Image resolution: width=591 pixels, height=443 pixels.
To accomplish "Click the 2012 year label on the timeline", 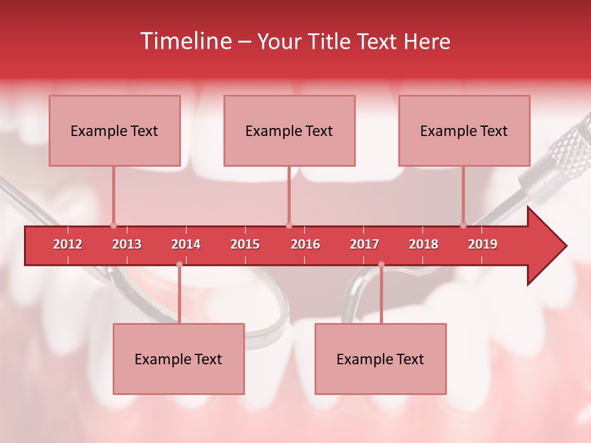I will pos(68,244).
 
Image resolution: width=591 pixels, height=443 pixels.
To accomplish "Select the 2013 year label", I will pos(127,244).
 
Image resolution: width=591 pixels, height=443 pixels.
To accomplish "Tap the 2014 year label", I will pos(186,244).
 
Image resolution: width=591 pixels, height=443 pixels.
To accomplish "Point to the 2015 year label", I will pos(245,244).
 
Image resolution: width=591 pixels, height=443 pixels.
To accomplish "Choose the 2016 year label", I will pos(305,244).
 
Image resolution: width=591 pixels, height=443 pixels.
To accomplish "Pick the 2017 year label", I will pos(364,244).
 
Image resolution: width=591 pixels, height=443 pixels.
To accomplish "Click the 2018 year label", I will pos(424,244).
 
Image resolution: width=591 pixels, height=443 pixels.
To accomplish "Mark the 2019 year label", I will pos(483,244).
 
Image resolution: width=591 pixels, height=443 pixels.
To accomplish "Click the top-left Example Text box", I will pos(115,130).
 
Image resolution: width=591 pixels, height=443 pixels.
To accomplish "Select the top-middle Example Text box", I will pos(289,130).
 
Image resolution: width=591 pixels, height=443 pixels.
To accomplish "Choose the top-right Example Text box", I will pos(464,130).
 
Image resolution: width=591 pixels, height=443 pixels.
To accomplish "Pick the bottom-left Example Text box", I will pos(179,359).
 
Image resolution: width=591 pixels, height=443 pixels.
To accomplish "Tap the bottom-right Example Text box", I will pos(380,359).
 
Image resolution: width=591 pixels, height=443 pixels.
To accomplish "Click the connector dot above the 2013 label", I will pos(113,225).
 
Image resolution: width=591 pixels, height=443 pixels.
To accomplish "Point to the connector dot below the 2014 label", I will pos(179,265).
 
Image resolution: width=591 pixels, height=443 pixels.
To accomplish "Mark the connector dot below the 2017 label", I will pos(381,265).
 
